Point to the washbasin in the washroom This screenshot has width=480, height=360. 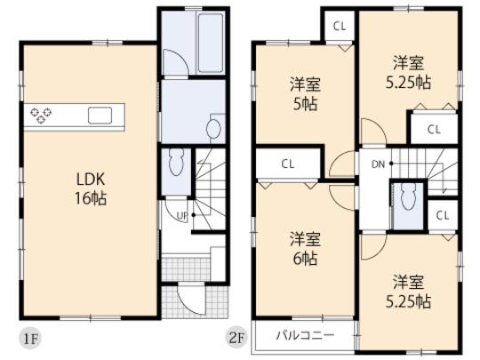212,130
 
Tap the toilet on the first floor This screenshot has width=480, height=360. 175,164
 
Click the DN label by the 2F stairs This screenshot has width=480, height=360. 376,164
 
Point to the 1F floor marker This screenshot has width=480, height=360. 31,339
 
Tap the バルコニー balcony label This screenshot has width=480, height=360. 305,336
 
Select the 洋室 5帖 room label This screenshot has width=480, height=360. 304,93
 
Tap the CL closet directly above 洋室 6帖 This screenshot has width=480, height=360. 287,164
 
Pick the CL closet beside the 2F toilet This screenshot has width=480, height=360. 441,216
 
